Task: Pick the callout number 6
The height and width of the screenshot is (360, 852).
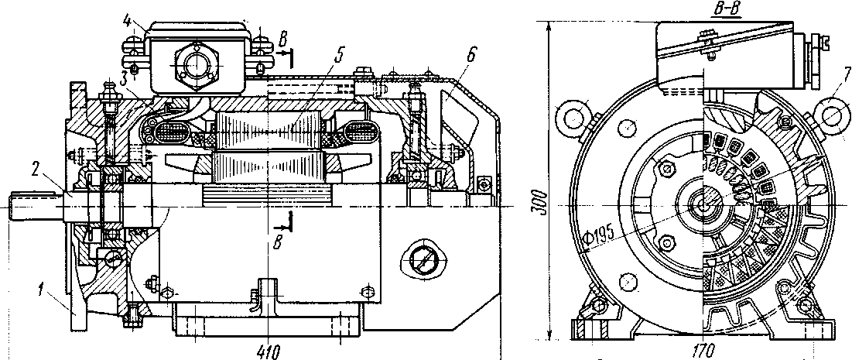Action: pyautogui.click(x=470, y=54)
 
